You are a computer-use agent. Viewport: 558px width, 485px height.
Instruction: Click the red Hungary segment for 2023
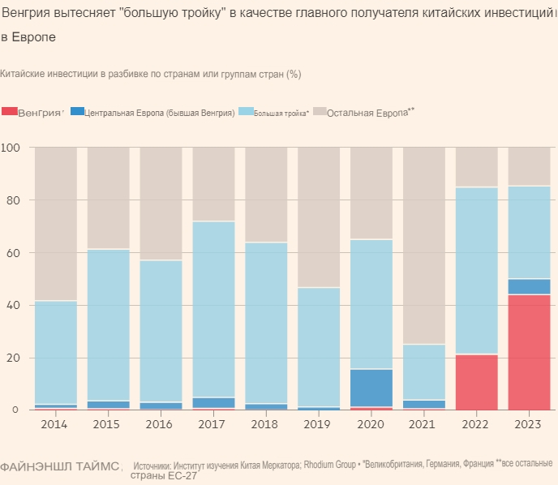click(529, 352)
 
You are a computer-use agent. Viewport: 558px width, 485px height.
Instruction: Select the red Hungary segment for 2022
click(476, 382)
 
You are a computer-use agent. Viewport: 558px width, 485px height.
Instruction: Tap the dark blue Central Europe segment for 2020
click(371, 388)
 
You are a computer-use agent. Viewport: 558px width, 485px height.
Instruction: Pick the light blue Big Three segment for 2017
click(213, 309)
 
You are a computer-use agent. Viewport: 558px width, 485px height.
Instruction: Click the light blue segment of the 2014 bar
click(56, 352)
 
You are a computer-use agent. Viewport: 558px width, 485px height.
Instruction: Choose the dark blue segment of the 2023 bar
click(529, 286)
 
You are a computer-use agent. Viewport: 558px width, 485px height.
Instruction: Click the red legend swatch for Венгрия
click(9, 111)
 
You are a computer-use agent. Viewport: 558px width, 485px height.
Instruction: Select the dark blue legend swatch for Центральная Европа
click(77, 111)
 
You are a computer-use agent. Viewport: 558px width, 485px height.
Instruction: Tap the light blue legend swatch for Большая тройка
click(247, 111)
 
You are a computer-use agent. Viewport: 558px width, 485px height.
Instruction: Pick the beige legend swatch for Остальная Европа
click(320, 111)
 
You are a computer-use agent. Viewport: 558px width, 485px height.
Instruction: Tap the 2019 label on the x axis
click(319, 424)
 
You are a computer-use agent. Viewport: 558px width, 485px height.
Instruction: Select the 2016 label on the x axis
click(161, 424)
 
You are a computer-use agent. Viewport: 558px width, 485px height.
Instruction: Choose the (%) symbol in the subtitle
click(294, 74)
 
